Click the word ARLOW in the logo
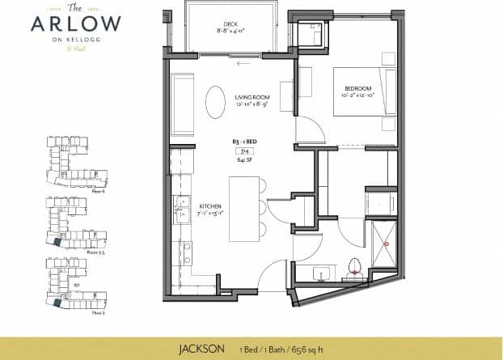tap(76, 24)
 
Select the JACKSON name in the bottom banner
tap(201, 349)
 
